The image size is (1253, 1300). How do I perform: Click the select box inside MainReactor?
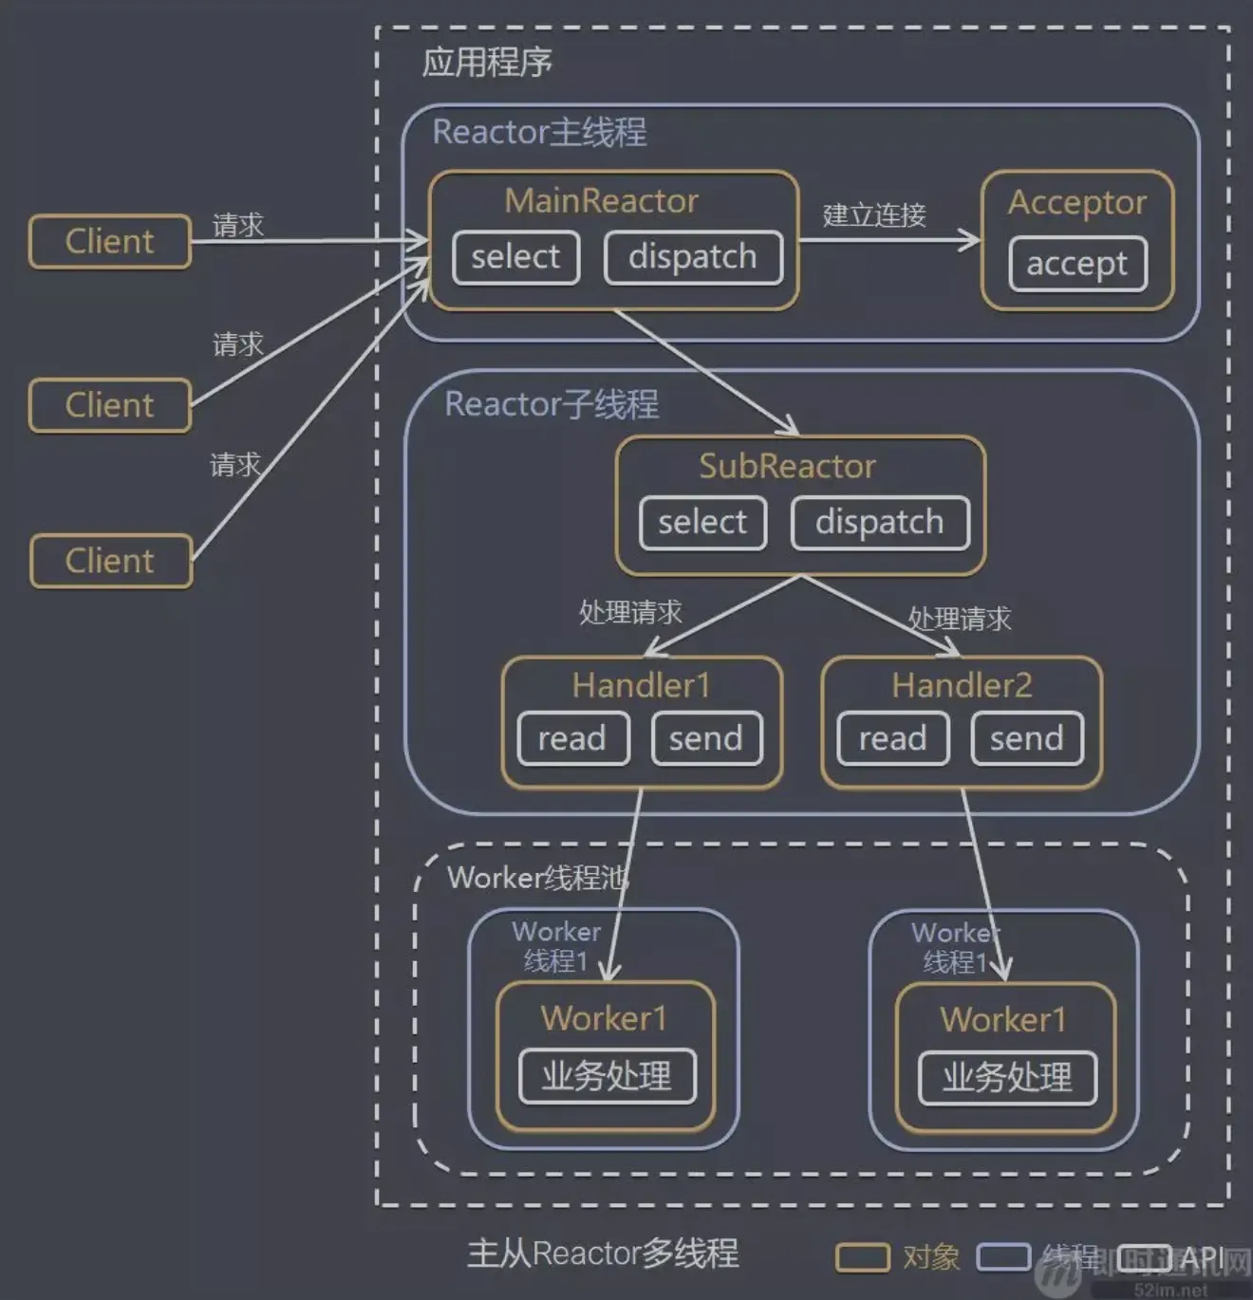point(515,257)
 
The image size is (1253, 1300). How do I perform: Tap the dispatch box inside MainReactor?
point(693,257)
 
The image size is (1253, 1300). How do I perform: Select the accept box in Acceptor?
point(1076,264)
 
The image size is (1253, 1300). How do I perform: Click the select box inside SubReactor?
point(702,523)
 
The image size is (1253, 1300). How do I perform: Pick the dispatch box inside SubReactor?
point(880,523)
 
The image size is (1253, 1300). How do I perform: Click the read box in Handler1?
point(572,738)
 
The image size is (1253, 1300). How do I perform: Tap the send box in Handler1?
point(706,738)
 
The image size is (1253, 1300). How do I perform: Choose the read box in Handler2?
point(892,738)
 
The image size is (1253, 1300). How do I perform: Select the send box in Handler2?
point(1027,738)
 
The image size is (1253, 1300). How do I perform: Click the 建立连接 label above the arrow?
point(874,215)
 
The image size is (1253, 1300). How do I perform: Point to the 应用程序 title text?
point(487,63)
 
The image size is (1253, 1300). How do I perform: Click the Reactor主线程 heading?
point(539,132)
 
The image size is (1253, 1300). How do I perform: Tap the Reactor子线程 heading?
point(552,404)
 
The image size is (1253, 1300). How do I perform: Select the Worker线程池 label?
point(537,878)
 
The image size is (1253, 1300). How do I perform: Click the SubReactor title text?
point(787,466)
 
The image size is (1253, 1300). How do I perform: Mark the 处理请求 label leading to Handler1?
point(630,613)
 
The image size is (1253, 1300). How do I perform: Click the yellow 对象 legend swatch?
point(862,1257)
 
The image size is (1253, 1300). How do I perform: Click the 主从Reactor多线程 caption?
point(603,1254)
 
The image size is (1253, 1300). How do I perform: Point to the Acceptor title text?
point(1076,202)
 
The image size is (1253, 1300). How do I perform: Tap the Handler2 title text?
point(961,685)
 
